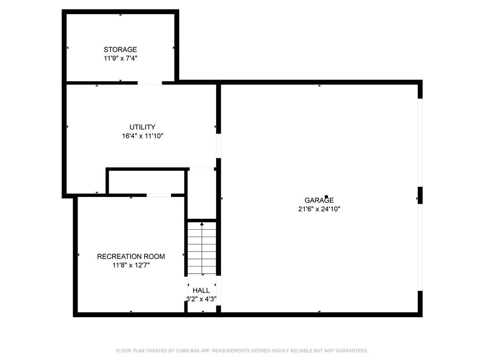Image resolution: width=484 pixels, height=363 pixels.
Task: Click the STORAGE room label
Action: click(x=120, y=49)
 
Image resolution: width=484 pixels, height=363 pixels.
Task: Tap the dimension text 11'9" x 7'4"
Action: click(x=121, y=58)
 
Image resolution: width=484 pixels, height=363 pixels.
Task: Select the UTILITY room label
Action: click(x=142, y=127)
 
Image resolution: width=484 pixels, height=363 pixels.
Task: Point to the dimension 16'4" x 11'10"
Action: click(x=142, y=136)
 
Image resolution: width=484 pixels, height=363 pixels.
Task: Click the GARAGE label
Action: click(x=319, y=200)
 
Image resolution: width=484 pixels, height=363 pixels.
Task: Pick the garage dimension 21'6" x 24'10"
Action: click(x=319, y=209)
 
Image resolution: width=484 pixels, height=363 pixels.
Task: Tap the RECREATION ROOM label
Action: click(x=131, y=257)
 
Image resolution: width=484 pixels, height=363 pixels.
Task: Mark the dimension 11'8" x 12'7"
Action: click(x=131, y=265)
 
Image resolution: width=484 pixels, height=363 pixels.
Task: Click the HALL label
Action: click(x=201, y=291)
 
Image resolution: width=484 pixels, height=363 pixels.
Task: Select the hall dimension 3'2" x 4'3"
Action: click(x=201, y=299)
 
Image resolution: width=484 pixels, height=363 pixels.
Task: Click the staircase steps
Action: click(x=202, y=248)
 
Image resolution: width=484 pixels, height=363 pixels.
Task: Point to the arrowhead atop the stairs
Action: click(x=202, y=224)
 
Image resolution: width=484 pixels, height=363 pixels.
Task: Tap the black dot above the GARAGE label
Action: click(x=326, y=197)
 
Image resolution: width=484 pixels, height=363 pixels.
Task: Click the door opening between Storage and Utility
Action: click(x=150, y=83)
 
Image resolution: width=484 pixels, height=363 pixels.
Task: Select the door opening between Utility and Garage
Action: click(x=218, y=146)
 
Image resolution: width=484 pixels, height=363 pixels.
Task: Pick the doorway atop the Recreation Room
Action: click(x=159, y=195)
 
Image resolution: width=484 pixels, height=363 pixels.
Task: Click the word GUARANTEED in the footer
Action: click(x=352, y=351)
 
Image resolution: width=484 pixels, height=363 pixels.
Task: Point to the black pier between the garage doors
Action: click(x=420, y=195)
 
